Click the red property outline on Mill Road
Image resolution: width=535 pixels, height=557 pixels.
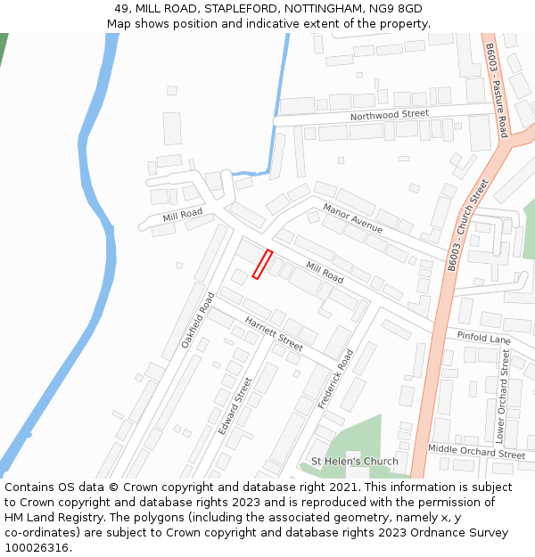pyautogui.click(x=262, y=265)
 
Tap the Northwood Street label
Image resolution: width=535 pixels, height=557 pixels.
pyautogui.click(x=389, y=115)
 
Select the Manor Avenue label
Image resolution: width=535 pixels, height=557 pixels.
pyautogui.click(x=352, y=218)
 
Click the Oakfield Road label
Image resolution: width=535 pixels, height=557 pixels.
pyautogui.click(x=198, y=320)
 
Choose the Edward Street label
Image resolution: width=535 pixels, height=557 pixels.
pyautogui.click(x=235, y=405)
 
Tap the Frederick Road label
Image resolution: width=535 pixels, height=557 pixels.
pyautogui.click(x=336, y=379)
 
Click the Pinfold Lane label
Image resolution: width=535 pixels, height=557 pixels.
pyautogui.click(x=483, y=339)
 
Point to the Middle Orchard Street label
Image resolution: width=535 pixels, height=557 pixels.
pyautogui.click(x=476, y=453)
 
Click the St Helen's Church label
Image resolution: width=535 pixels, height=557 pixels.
pyautogui.click(x=354, y=462)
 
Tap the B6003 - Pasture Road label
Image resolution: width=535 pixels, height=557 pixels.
pyautogui.click(x=496, y=89)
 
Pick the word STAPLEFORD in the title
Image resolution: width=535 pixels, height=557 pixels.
pyautogui.click(x=235, y=9)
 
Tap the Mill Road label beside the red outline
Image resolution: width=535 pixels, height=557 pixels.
pyautogui.click(x=325, y=273)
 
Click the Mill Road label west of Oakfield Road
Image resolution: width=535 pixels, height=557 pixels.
pyautogui.click(x=182, y=217)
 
